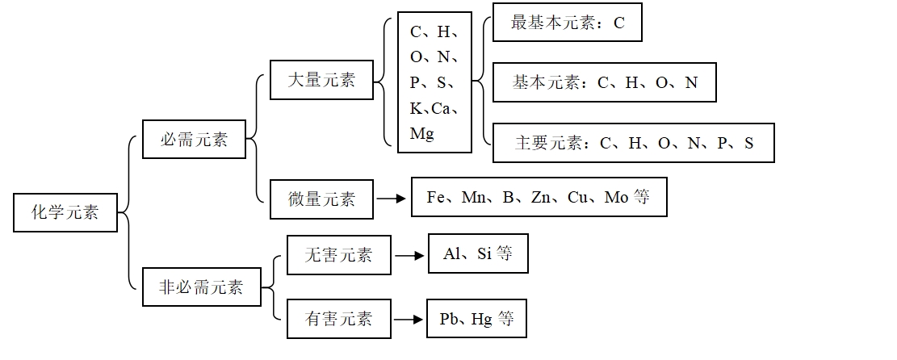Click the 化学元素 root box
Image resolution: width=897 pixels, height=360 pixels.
pyautogui.click(x=66, y=212)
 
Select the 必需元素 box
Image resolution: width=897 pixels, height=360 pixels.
pyautogui.click(x=194, y=139)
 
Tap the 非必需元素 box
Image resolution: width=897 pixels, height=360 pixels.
pyautogui.click(x=202, y=287)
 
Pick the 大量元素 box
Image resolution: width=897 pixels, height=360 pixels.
pyautogui.click(x=322, y=79)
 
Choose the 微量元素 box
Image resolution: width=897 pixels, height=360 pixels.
pyautogui.click(x=322, y=199)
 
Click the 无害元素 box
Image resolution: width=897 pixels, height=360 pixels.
pyautogui.click(x=339, y=255)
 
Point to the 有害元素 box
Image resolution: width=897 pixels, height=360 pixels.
pyautogui.click(x=339, y=318)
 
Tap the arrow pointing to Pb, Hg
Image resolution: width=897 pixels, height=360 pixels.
pyautogui.click(x=409, y=319)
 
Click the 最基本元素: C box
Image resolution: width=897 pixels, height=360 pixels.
pyautogui.click(x=568, y=23)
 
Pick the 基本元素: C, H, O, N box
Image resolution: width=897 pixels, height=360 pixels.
pyautogui.click(x=604, y=82)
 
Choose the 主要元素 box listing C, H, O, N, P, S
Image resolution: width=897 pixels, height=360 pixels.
pyautogui.click(x=633, y=143)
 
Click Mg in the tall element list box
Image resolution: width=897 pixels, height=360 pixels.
pyautogui.click(x=422, y=133)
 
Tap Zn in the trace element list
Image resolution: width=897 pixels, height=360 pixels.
pyautogui.click(x=541, y=197)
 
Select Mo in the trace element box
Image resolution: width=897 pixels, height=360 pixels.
pyautogui.click(x=618, y=197)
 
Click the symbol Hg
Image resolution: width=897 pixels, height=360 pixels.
pyautogui.click(x=482, y=319)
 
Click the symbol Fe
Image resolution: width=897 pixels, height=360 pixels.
pyautogui.click(x=437, y=197)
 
